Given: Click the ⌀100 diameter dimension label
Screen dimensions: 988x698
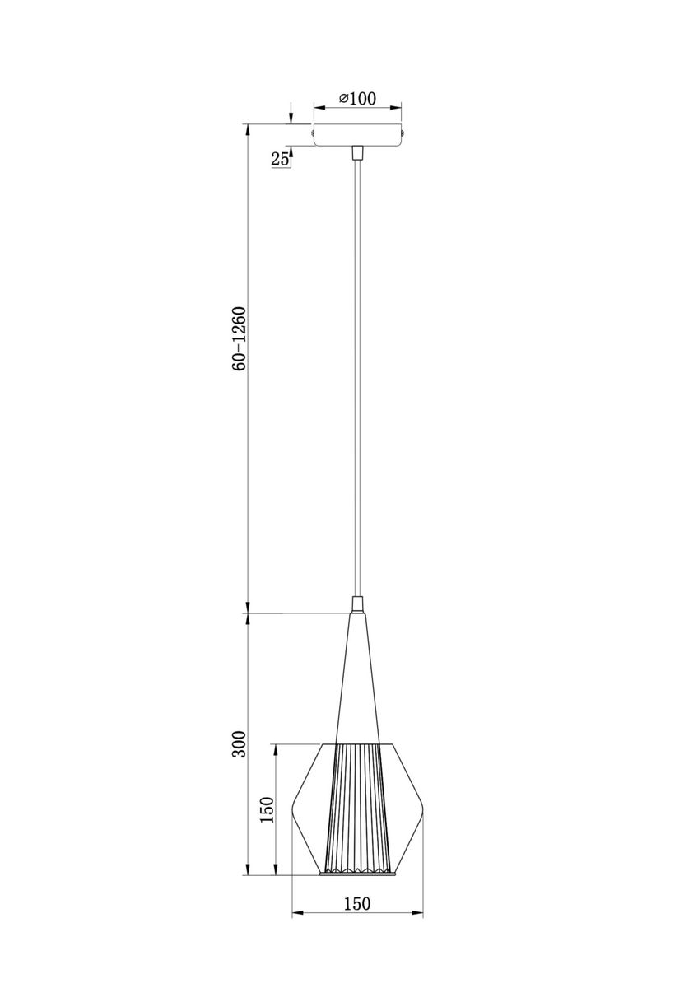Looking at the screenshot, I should (357, 99).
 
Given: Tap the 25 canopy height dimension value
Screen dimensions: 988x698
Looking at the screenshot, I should (280, 159).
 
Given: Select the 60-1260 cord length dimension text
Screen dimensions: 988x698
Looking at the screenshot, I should (240, 340).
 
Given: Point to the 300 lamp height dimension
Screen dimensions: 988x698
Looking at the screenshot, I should (240, 745).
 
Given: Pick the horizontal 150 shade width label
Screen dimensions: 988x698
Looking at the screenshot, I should (357, 903).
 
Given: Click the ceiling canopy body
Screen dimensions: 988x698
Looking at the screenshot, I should (357, 135).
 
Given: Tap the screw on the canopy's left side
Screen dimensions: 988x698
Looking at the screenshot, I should (312, 130).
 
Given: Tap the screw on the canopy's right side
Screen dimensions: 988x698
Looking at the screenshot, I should (403, 130).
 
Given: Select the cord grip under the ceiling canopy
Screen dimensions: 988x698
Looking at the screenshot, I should (357, 152).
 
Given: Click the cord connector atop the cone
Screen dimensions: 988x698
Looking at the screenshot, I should (357, 604).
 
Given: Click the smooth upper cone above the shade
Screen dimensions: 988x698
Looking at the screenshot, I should (357, 683).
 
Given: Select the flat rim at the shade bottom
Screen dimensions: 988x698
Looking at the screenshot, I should (357, 874).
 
